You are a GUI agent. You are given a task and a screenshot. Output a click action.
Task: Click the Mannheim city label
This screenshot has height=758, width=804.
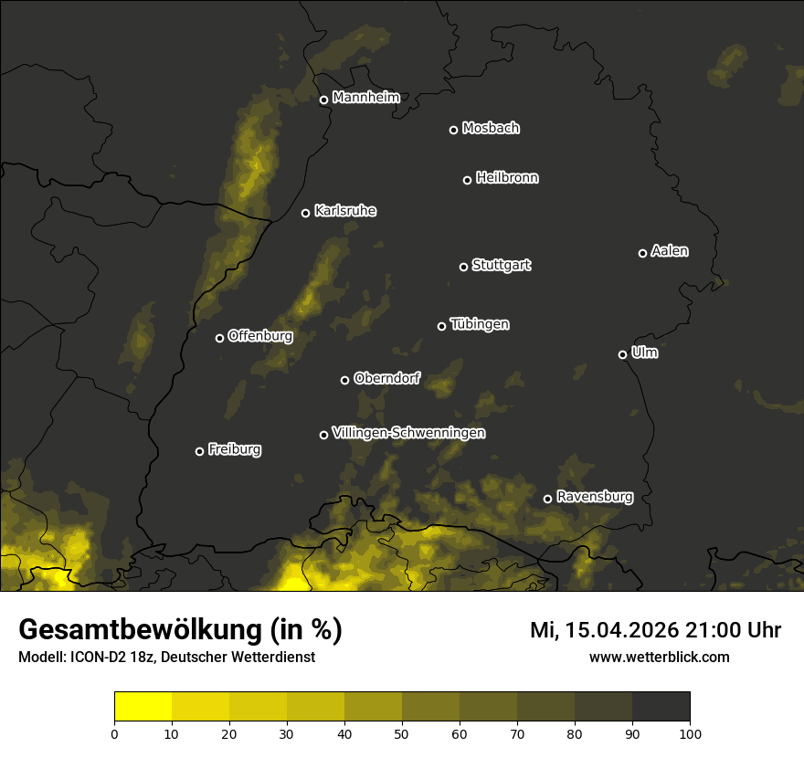coord(365,98)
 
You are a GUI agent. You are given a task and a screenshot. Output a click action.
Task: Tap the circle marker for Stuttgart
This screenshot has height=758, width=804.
coord(463,267)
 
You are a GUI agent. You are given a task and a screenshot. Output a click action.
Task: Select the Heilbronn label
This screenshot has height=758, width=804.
coord(507,178)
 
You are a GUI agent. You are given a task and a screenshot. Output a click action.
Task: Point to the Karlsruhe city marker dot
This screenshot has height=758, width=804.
coord(305,213)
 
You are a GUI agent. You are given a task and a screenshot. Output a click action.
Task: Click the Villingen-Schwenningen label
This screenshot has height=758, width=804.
coord(408,433)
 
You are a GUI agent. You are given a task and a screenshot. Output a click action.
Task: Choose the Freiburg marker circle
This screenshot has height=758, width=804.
coord(199,451)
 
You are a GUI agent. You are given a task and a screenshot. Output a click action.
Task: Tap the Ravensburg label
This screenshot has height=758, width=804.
coord(594,497)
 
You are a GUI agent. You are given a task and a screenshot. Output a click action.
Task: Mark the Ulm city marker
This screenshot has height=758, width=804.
coord(622,354)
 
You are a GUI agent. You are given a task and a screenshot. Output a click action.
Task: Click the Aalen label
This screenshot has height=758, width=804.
coord(669,251)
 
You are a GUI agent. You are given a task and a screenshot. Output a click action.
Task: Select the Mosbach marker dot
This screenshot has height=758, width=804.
coord(452,130)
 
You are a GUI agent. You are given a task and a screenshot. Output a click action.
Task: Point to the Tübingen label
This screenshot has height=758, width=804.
coord(480,324)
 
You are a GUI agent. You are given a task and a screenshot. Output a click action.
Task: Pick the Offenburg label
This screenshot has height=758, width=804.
coord(259,336)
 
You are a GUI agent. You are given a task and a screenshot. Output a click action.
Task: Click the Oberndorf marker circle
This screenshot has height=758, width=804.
coord(344,380)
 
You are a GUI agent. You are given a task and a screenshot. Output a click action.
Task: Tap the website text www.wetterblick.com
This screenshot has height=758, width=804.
coord(659,657)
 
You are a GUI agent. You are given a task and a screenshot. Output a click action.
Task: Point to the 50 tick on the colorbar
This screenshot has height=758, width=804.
coord(402,733)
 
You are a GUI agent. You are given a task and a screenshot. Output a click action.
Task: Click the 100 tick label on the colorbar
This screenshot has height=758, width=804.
coord(690,733)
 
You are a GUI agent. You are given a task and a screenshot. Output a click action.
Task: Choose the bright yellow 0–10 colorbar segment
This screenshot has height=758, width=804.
coord(143,706)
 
